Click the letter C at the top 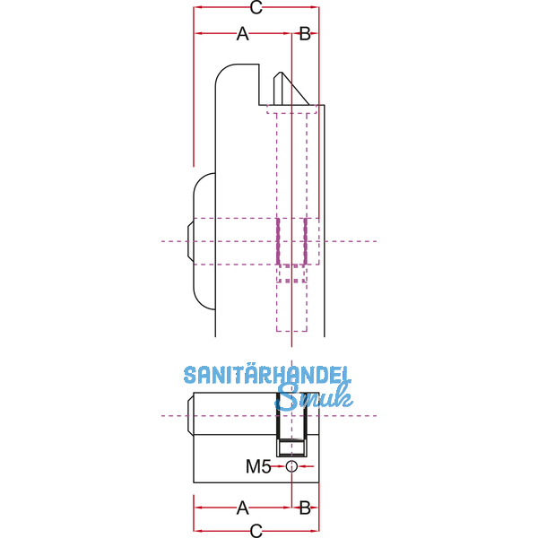click(x=256, y=7)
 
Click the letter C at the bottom click(x=256, y=531)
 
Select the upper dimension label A click(x=243, y=34)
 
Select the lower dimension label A click(x=243, y=508)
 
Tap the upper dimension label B click(x=305, y=34)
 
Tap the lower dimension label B click(x=305, y=508)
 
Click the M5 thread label click(x=258, y=466)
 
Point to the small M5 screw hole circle click(x=291, y=466)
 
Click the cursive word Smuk click(x=314, y=396)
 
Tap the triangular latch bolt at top click(x=291, y=89)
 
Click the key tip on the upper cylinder click(x=191, y=241)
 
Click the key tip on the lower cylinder click(x=191, y=416)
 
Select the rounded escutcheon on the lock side click(x=204, y=241)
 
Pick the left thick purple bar click(x=278, y=241)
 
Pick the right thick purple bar click(x=305, y=241)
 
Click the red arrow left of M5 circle click(x=279, y=466)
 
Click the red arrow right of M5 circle click(x=306, y=466)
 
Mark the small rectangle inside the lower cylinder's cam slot click(x=291, y=447)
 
